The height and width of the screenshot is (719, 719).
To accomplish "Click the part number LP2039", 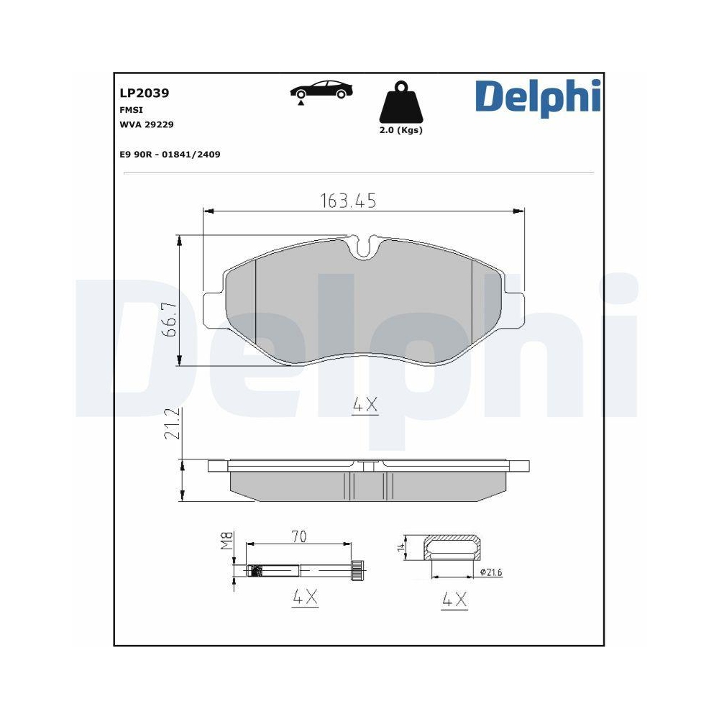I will click(x=144, y=93).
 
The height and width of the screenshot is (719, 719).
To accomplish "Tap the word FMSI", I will click(x=130, y=110).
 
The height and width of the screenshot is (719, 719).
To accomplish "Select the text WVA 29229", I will click(x=146, y=124).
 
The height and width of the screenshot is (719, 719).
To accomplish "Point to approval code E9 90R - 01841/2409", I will click(x=169, y=154).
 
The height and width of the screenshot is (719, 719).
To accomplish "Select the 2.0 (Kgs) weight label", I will click(x=401, y=130).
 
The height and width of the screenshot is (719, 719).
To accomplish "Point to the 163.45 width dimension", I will click(x=347, y=201).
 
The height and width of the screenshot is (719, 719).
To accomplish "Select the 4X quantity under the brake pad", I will click(x=365, y=406).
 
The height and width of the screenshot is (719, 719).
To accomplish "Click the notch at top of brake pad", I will click(x=365, y=248).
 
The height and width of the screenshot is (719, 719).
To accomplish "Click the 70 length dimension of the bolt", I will click(x=300, y=536).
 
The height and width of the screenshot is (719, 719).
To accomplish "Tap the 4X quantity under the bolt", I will click(x=305, y=597).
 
